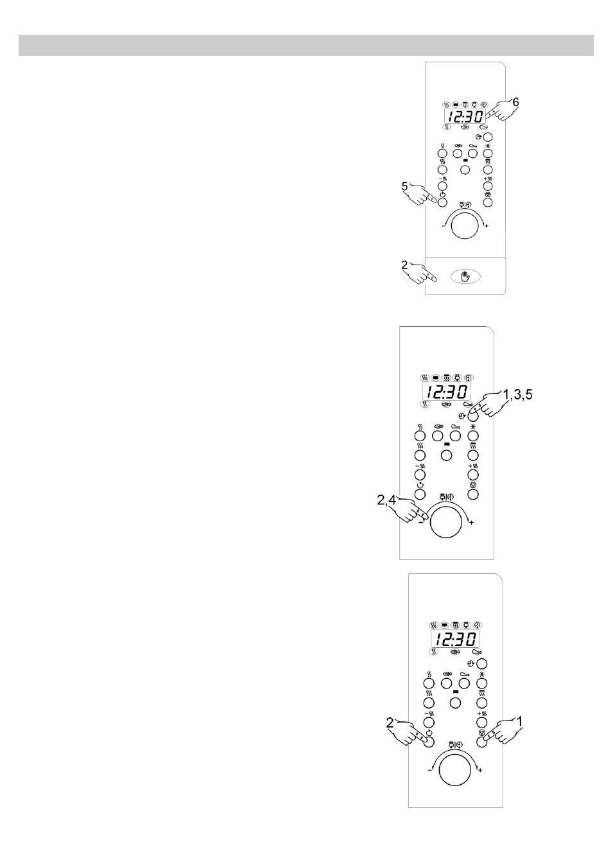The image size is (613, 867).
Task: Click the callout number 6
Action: point(515,102)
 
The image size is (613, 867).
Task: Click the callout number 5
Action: point(404,186)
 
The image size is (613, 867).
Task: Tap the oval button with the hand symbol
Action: point(465,276)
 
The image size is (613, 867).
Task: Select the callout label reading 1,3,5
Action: point(517,394)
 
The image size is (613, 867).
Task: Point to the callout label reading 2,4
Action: point(386,500)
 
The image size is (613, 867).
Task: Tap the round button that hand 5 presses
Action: point(442,202)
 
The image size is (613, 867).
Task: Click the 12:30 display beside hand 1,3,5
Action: point(445,393)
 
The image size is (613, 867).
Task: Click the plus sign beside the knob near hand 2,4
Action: point(471,523)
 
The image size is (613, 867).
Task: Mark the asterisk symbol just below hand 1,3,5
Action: point(473,427)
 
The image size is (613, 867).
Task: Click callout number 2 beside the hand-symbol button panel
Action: point(404,265)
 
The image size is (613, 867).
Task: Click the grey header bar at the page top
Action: point(306,46)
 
